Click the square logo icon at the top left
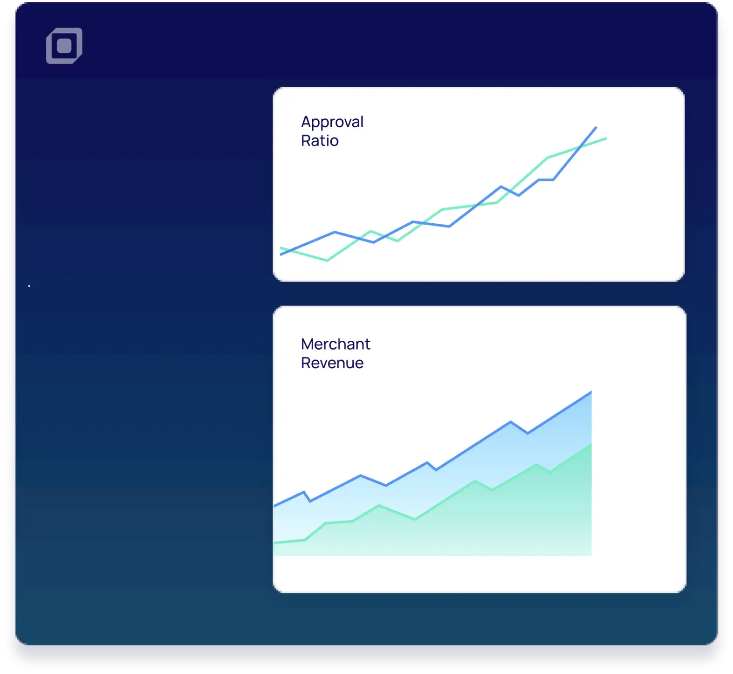[64, 46]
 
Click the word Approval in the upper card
[332, 123]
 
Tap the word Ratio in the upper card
[320, 140]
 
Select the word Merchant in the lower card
[336, 344]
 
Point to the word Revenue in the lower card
[332, 363]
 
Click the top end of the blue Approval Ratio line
[596, 127]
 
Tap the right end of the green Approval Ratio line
[606, 138]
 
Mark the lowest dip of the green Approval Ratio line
[327, 260]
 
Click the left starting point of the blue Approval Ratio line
[280, 254]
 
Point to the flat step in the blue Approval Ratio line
[546, 179]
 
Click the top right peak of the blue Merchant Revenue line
[591, 392]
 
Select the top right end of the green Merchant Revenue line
[591, 445]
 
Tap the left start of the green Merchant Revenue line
[274, 543]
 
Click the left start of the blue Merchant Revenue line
[274, 506]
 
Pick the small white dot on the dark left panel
[29, 286]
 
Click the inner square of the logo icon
[64, 46]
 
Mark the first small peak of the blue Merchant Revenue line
[304, 492]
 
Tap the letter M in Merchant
[308, 344]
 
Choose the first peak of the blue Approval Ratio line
[335, 232]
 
